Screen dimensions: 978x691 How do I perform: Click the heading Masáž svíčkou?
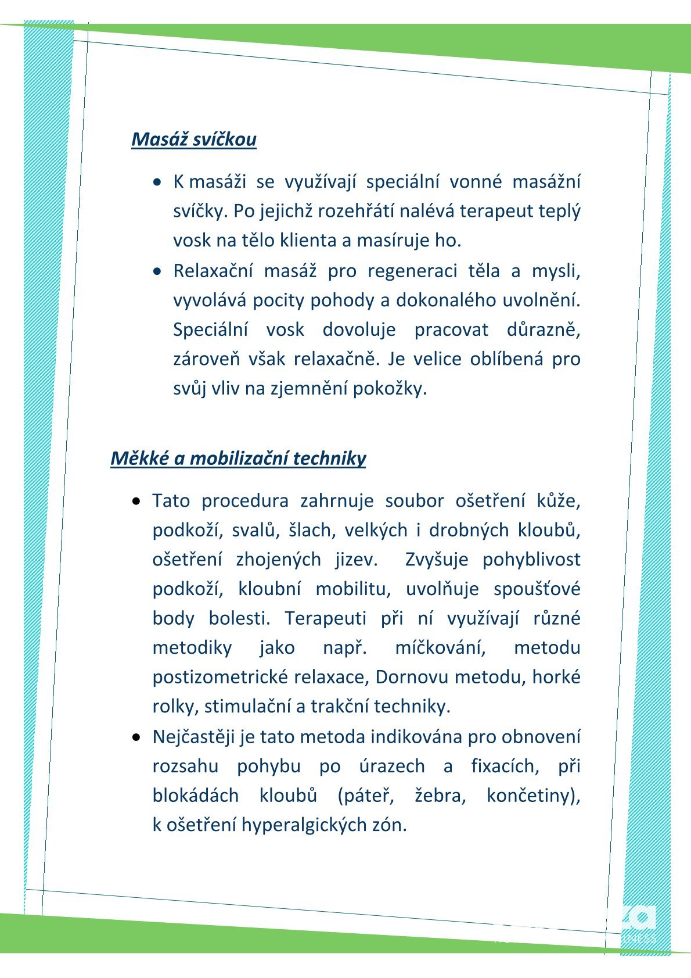coord(194,139)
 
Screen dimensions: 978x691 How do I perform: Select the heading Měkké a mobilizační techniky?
coord(238,458)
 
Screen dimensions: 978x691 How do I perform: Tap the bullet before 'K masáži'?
coord(157,182)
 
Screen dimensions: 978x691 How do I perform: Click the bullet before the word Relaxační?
coord(157,271)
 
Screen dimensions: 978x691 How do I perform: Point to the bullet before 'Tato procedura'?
coord(136,500)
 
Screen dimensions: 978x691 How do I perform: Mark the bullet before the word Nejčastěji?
coord(136,737)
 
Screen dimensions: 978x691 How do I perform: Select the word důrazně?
coord(543,329)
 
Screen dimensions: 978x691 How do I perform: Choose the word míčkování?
coord(440,647)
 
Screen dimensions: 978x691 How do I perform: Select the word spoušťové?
coord(537,589)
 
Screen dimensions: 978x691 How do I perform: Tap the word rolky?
coord(175,707)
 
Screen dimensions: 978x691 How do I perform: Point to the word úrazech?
coord(392,766)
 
